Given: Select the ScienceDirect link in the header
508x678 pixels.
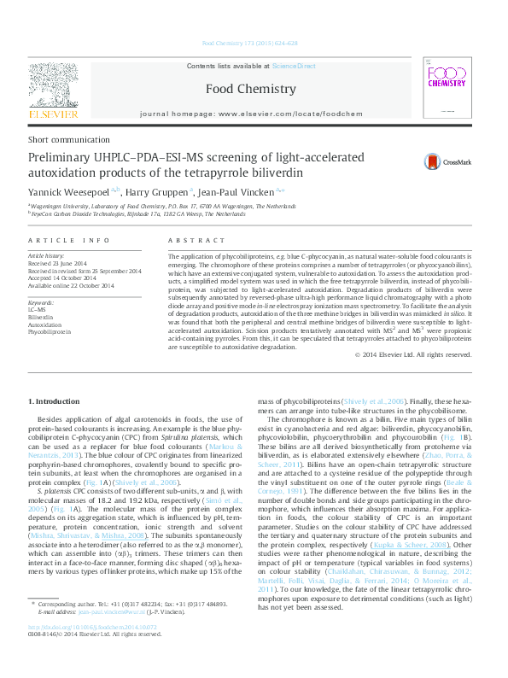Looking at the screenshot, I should (294, 66).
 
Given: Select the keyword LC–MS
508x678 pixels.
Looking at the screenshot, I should (38, 309).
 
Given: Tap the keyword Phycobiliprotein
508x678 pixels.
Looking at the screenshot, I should (50, 330).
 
